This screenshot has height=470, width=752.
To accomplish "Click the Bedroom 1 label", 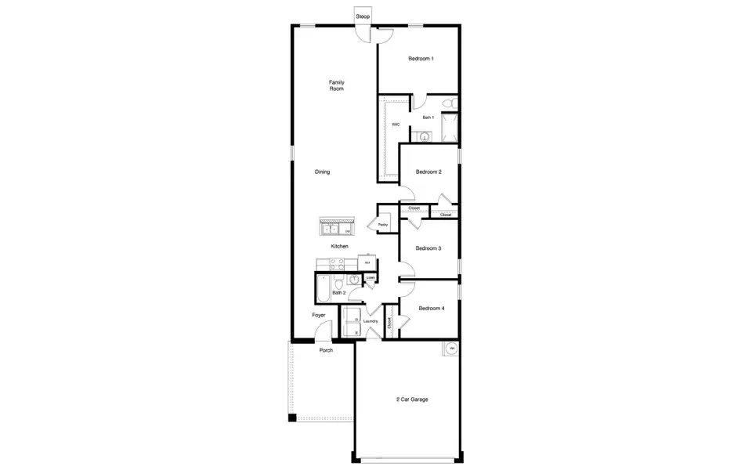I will [421, 59].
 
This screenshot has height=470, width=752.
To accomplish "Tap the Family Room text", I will [336, 85].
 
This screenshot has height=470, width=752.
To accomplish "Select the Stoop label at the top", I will [363, 16].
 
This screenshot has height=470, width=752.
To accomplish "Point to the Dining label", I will [322, 172].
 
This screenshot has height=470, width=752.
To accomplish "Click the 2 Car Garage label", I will [412, 399].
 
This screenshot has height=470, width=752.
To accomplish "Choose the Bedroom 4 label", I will [431, 308].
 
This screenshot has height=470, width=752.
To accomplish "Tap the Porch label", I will [326, 350].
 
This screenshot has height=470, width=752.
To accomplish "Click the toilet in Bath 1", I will [448, 103].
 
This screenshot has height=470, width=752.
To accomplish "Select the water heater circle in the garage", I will [451, 349].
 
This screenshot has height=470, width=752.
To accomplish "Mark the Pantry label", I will [383, 225].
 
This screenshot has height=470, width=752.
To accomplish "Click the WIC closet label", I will [396, 125].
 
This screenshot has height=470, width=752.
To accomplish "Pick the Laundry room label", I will [371, 321].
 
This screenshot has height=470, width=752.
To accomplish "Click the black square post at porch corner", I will [292, 418].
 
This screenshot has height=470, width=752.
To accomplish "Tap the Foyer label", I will [319, 315].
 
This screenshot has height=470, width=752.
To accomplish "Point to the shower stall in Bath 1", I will [450, 127].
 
